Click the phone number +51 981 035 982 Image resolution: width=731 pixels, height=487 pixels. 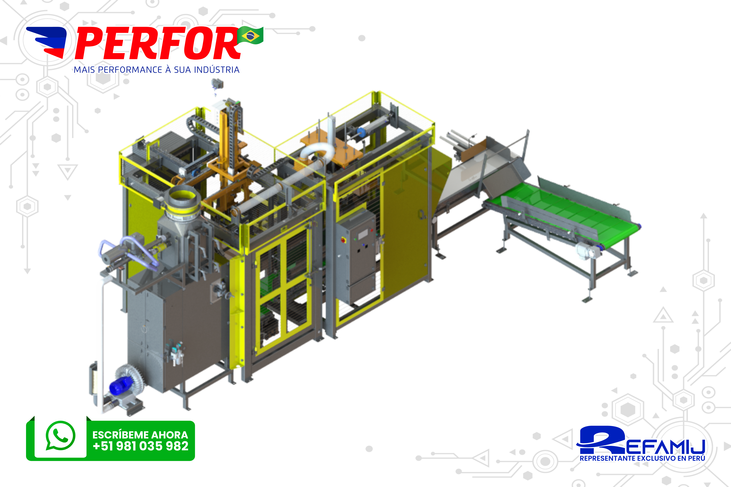click(140, 446)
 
